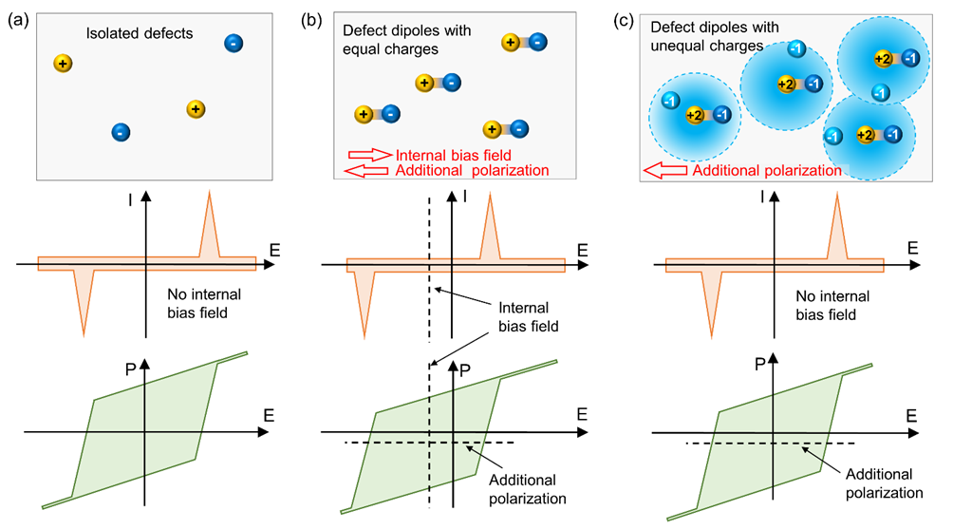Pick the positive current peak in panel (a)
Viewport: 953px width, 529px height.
[209, 228]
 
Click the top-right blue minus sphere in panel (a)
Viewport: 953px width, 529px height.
[234, 43]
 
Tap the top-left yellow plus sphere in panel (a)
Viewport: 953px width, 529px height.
[63, 64]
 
